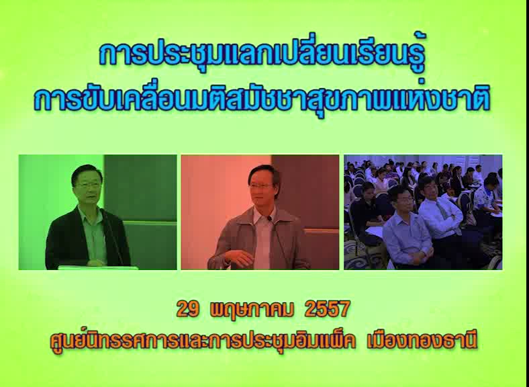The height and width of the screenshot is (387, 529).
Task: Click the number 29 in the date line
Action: point(187,309)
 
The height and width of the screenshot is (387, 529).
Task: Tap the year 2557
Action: point(327,309)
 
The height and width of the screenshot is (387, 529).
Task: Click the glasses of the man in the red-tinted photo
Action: point(260,185)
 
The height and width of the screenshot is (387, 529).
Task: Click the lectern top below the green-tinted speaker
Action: point(98,267)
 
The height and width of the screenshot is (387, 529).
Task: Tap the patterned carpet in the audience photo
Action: point(361,257)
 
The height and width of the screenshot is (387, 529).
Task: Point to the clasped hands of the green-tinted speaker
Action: point(95,263)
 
